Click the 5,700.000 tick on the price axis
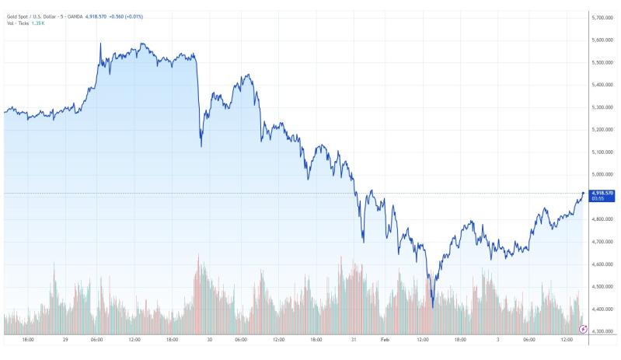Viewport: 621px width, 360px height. [x=602, y=17]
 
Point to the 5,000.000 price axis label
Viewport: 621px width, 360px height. [x=602, y=174]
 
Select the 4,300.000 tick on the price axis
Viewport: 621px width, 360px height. [x=602, y=331]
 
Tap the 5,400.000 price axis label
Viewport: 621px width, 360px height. [x=602, y=85]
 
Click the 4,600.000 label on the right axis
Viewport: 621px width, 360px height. [x=602, y=264]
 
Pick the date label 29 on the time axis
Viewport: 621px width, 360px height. [x=65, y=340]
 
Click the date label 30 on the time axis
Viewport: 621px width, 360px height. [x=210, y=340]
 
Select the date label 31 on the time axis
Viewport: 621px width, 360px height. [x=354, y=340]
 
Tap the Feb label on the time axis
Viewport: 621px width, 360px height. [x=385, y=340]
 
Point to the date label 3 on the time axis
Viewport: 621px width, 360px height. [x=498, y=340]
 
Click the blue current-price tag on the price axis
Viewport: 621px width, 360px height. [x=602, y=196]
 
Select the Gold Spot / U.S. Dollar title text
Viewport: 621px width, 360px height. [x=31, y=16]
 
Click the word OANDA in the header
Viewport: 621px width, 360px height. [x=75, y=16]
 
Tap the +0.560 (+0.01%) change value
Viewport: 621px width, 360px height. [x=126, y=16]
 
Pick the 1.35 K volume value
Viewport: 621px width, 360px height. [x=38, y=23]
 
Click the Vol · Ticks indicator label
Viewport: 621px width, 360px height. [x=18, y=23]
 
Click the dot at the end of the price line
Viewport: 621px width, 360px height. [x=583, y=194]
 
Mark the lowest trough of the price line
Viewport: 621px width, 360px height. [x=433, y=307]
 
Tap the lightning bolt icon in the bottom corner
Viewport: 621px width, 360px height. [x=583, y=329]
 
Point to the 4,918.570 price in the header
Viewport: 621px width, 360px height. [x=96, y=16]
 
